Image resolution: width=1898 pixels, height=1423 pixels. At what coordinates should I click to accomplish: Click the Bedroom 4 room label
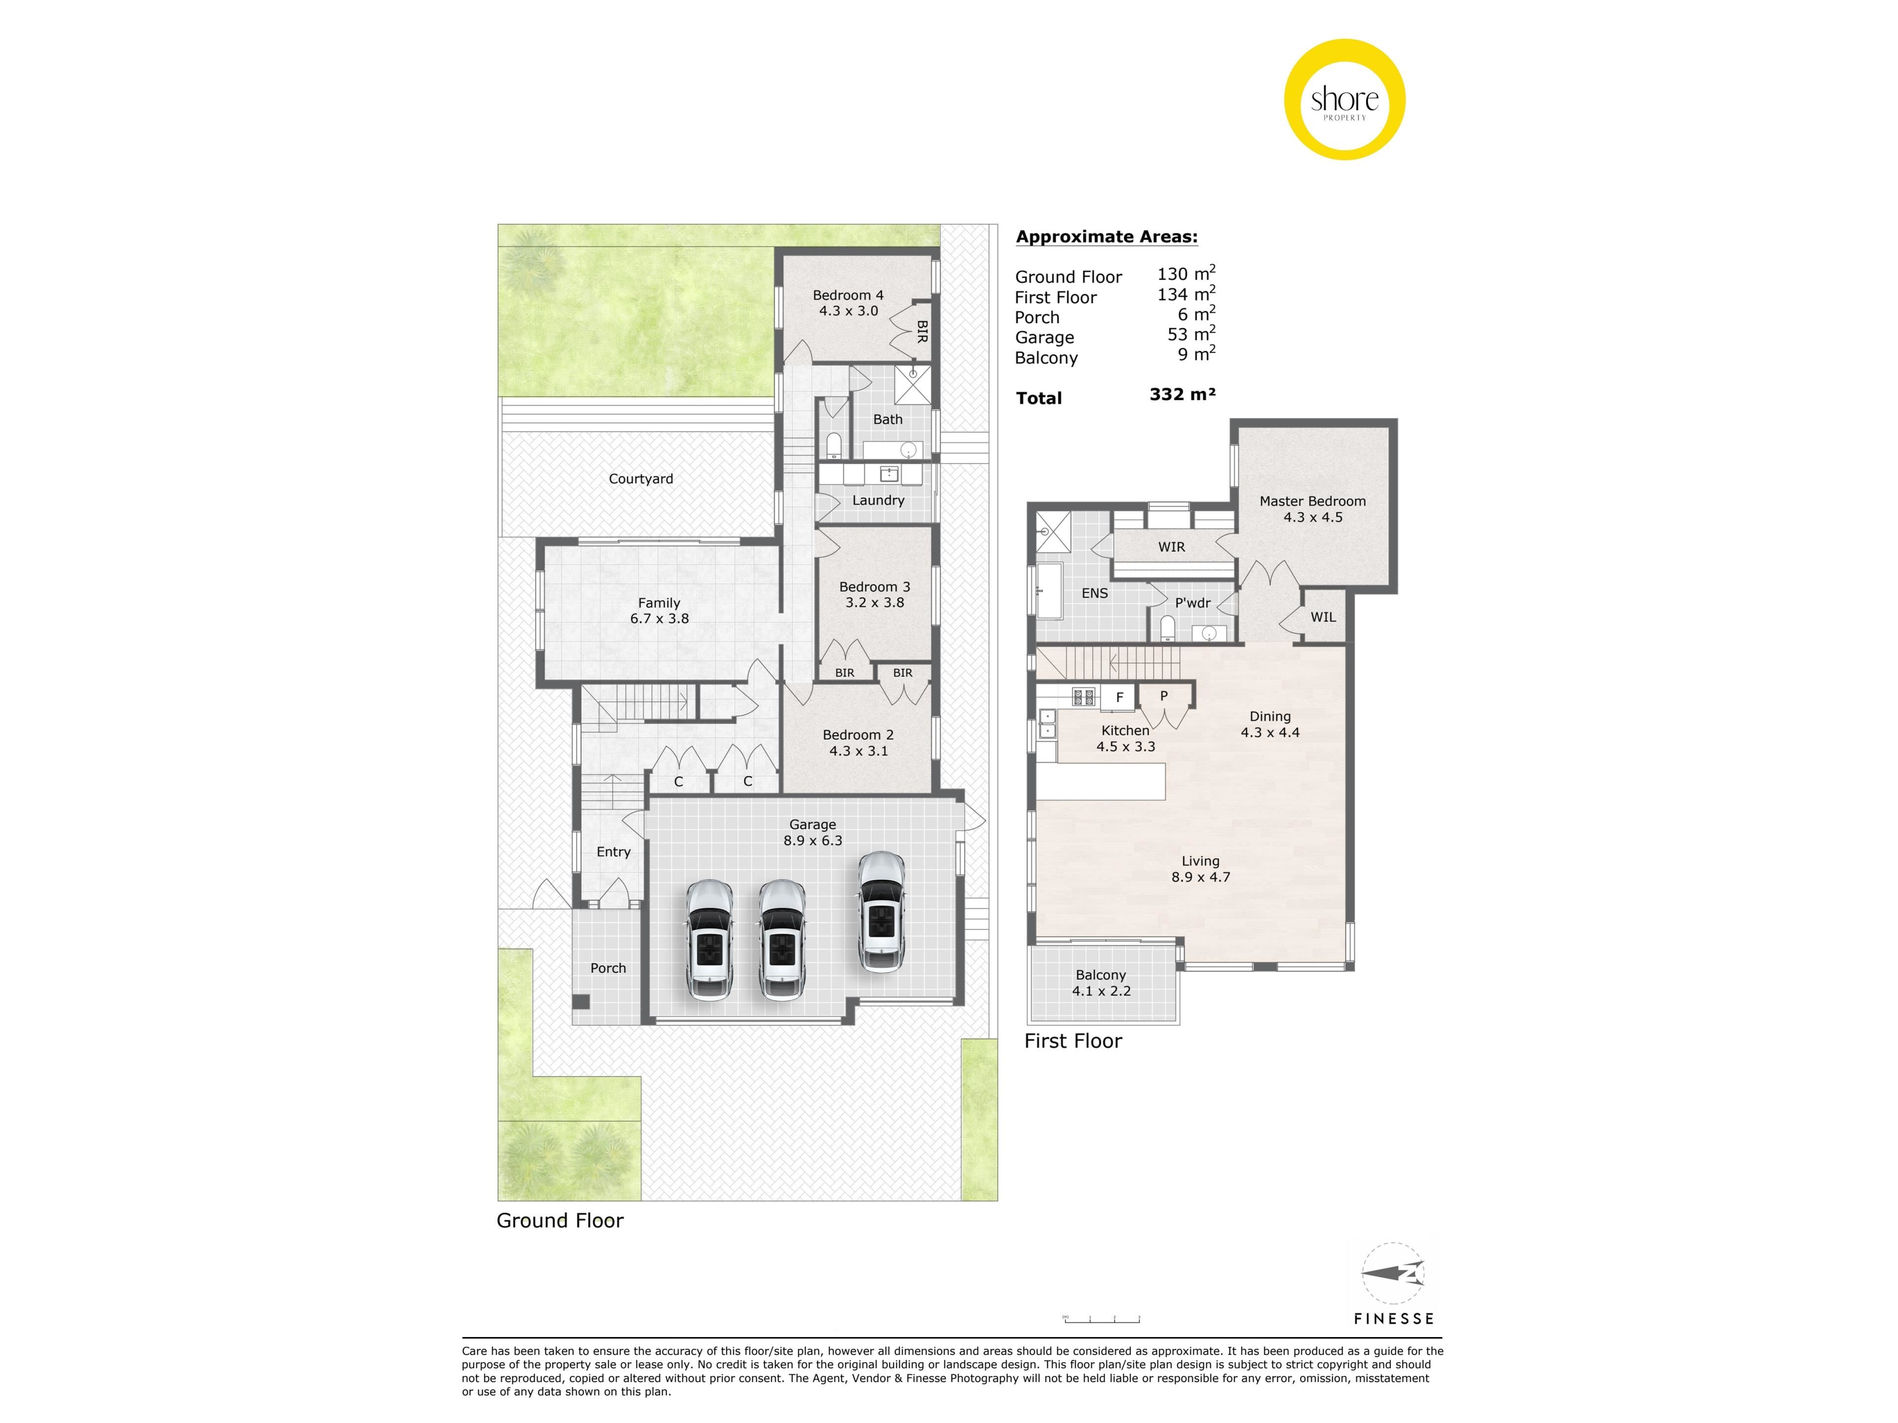(848, 295)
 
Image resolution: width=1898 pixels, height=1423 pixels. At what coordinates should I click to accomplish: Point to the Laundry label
(878, 500)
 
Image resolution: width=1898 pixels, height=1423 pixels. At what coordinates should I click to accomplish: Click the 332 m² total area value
(1182, 395)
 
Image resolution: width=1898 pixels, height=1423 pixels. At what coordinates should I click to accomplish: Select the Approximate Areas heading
(1107, 237)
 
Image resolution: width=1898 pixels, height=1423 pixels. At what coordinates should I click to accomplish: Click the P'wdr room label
(1193, 603)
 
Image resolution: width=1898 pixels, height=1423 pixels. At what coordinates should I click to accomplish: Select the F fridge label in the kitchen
(1119, 697)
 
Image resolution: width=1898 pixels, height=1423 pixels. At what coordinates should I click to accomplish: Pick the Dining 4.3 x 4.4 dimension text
(1270, 733)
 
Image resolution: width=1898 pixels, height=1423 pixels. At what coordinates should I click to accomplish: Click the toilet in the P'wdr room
(1167, 629)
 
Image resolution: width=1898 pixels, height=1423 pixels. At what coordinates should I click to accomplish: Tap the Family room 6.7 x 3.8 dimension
(659, 619)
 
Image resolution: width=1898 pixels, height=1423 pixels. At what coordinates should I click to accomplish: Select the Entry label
(613, 852)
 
